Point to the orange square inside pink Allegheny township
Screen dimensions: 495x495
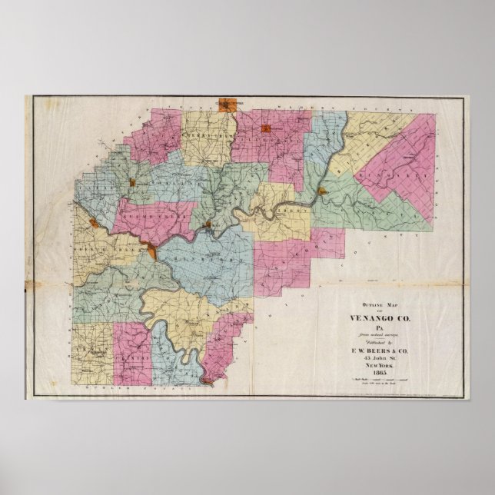coord(266,128)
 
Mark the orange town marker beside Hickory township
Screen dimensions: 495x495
coord(323,191)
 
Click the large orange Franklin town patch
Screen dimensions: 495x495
coord(153,252)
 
